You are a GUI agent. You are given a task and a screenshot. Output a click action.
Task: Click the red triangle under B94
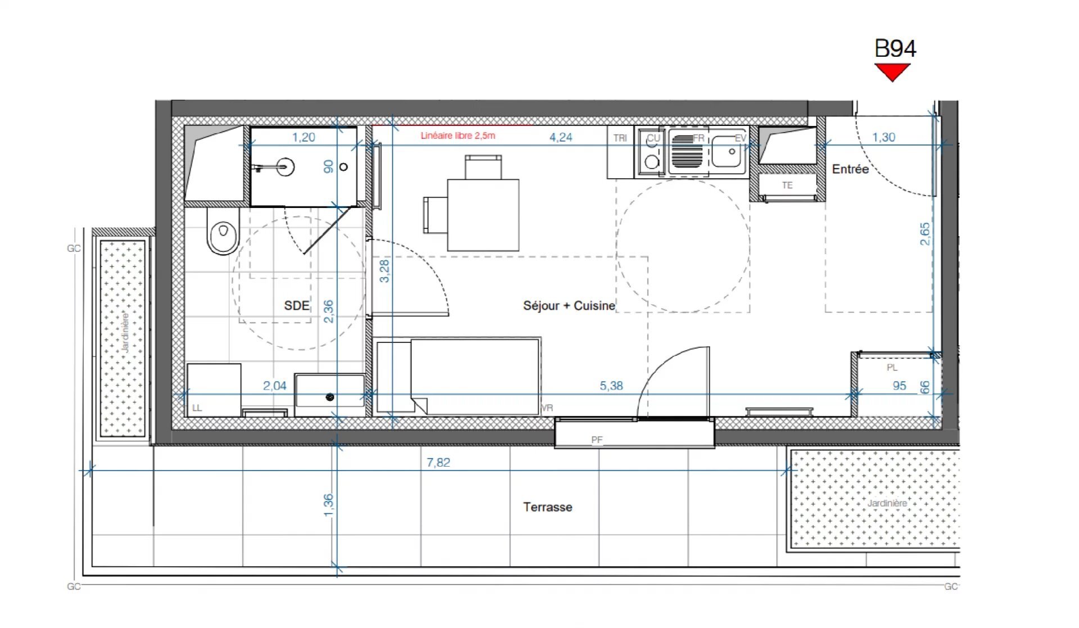(892, 71)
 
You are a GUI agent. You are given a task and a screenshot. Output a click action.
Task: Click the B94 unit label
(895, 49)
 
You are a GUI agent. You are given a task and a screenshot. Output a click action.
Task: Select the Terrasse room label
(547, 507)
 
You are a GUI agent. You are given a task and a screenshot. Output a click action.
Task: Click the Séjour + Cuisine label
(569, 306)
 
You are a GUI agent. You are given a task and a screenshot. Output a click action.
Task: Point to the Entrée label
(850, 169)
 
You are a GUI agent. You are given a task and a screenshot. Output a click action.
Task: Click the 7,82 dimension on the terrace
(438, 462)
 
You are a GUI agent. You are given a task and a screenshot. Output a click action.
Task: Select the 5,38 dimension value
(611, 386)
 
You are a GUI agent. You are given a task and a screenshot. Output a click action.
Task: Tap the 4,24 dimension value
(560, 137)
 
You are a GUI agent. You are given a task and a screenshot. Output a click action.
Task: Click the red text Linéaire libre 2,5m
(457, 135)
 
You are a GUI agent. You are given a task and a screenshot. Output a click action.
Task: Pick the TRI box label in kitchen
(620, 138)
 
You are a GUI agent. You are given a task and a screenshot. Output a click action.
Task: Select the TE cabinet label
(787, 185)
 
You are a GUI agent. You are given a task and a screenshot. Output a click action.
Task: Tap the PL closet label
(892, 368)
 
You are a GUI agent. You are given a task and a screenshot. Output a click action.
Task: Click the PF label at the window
(597, 440)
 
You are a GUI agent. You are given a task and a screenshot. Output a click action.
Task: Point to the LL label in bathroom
(197, 408)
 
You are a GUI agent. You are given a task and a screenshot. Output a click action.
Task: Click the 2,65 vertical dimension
(924, 234)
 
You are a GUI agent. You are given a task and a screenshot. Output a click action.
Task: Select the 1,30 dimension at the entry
(883, 137)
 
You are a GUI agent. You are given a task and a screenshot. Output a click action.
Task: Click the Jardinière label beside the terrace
(886, 503)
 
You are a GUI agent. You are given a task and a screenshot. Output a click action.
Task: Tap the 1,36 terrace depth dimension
(328, 505)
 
